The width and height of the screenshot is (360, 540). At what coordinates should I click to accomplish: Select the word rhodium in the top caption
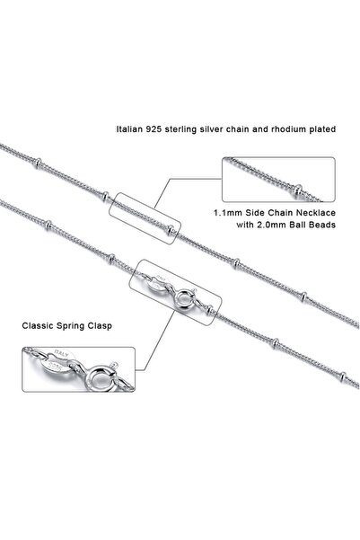[x=284, y=129]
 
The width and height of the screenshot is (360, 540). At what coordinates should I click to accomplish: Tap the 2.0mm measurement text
[x=273, y=225]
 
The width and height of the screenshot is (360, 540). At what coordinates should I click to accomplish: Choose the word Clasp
[x=100, y=326]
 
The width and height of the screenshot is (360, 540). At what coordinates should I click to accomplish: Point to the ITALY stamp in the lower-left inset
[x=62, y=353]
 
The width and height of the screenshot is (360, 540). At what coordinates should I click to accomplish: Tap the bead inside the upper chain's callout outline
[x=171, y=229]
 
